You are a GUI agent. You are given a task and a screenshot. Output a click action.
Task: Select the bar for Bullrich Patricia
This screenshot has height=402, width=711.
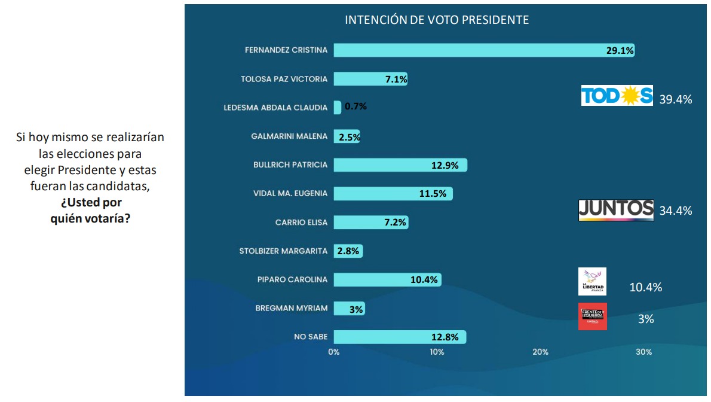pos(400,165)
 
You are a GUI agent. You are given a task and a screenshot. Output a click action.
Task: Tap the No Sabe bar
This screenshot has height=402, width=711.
pos(400,337)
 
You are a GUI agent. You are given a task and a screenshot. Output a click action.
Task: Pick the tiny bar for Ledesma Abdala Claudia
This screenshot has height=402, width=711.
pos(338,108)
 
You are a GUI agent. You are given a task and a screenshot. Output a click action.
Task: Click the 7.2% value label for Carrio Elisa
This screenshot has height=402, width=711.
pos(394,223)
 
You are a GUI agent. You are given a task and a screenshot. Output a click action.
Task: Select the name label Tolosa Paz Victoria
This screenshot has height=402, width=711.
pos(284,79)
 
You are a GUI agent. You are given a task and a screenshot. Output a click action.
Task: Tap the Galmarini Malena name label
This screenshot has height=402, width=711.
pos(289,136)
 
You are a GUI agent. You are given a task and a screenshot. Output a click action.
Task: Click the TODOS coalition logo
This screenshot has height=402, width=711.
pos(617,96)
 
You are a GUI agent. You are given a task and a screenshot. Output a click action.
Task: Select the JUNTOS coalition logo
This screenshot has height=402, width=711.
pos(616,210)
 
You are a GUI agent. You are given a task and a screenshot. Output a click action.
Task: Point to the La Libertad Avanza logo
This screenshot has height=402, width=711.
pos(593,281)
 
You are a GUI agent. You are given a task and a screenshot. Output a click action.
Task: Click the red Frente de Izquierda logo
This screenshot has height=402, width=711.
pos(593,316)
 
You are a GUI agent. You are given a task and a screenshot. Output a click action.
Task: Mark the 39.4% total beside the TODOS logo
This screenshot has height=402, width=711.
pos(675,100)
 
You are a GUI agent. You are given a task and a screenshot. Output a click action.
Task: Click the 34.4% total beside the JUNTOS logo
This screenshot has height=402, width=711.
pos(676,211)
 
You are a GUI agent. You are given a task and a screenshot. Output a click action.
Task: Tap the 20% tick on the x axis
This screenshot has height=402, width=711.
pos(540,352)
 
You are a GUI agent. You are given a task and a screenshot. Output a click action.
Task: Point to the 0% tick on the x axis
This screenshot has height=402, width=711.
pos(334,352)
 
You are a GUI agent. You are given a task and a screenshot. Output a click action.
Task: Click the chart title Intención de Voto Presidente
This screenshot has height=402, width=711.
pos(437,20)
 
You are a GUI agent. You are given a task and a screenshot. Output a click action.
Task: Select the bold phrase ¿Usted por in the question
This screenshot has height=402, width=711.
pos(90,203)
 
